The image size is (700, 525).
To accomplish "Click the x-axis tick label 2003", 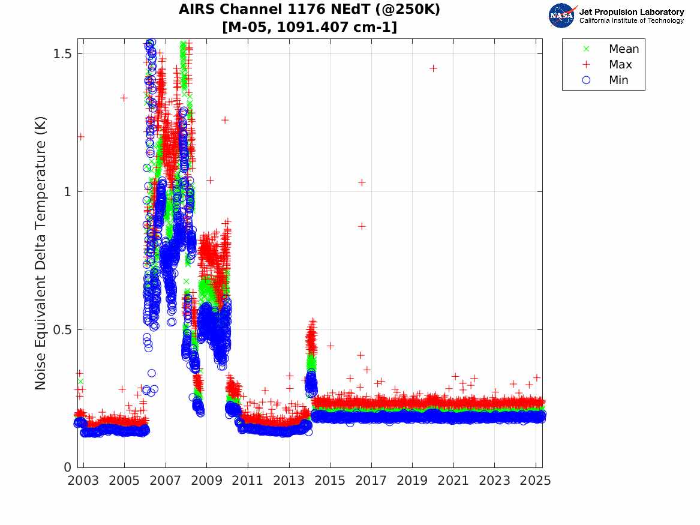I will [x=83, y=481].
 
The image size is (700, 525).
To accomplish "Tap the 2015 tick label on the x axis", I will [x=330, y=481].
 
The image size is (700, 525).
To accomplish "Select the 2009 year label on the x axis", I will [x=207, y=481].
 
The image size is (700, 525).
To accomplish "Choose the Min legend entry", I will [x=618, y=80].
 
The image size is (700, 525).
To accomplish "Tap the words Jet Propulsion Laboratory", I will [x=631, y=12].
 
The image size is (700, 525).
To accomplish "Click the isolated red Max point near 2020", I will [x=433, y=68].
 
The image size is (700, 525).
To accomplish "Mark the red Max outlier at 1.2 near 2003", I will [x=80, y=136].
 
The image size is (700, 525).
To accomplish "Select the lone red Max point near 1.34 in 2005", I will [x=124, y=98].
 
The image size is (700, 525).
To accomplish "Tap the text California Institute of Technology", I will [x=631, y=21].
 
